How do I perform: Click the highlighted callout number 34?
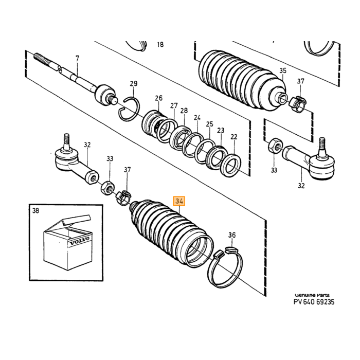pos(179,202)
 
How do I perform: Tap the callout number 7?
pos(77,58)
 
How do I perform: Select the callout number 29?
pos(134,83)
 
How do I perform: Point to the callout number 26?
pos(158,98)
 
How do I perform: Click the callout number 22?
pos(233,137)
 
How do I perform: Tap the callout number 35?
pos(283,70)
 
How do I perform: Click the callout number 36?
pos(232,235)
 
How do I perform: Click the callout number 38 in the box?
pos(35,210)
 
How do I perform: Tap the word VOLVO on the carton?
pos(80,241)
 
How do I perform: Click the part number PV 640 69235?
pos(314,302)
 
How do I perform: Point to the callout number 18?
pos(160,44)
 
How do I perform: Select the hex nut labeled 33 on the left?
pos(107,188)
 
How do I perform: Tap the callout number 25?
pos(209,124)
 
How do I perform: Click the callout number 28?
pos(184,111)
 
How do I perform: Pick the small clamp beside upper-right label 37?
pos(297,103)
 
